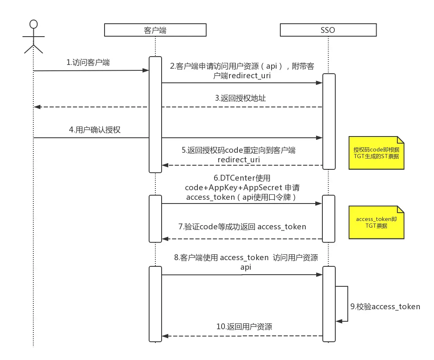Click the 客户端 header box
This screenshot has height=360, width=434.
155,30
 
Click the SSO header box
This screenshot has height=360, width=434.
328,30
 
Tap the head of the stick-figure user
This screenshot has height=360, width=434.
33,24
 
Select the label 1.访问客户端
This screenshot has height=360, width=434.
88,62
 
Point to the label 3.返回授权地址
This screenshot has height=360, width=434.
240,99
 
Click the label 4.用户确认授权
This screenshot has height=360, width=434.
95,129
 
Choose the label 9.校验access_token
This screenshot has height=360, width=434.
385,307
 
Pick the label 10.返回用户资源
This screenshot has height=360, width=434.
244,327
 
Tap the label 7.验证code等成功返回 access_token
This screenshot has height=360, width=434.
242,227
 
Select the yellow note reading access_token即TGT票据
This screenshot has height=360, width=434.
376,222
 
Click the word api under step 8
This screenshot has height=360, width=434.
246,267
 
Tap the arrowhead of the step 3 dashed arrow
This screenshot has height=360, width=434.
37,107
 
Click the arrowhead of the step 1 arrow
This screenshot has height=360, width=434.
146,70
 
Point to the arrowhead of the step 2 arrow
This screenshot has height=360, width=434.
319,83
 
